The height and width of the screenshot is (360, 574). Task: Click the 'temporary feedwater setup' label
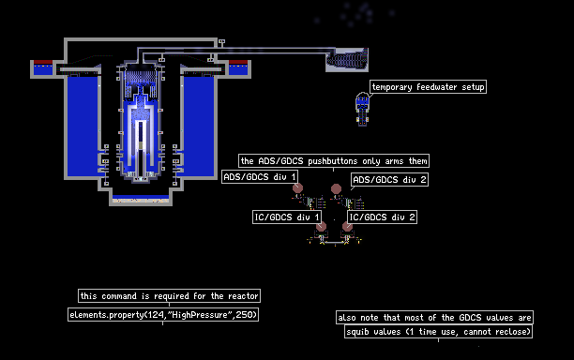[428, 87]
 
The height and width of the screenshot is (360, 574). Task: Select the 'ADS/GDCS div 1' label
[260, 177]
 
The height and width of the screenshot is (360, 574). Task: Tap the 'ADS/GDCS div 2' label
[389, 180]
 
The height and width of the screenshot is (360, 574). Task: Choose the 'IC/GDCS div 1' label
[287, 217]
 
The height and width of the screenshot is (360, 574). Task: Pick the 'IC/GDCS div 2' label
[382, 217]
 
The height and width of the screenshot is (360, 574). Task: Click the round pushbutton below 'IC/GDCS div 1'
[321, 227]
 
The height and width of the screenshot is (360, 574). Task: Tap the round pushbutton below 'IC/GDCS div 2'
[347, 227]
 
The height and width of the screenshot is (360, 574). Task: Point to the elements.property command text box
[163, 315]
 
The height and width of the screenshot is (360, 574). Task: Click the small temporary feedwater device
[362, 109]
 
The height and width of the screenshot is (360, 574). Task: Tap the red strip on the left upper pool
[43, 62]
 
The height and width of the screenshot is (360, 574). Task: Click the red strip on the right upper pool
[238, 62]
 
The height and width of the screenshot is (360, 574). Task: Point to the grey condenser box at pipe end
[347, 60]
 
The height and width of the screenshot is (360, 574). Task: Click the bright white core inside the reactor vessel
[141, 134]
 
